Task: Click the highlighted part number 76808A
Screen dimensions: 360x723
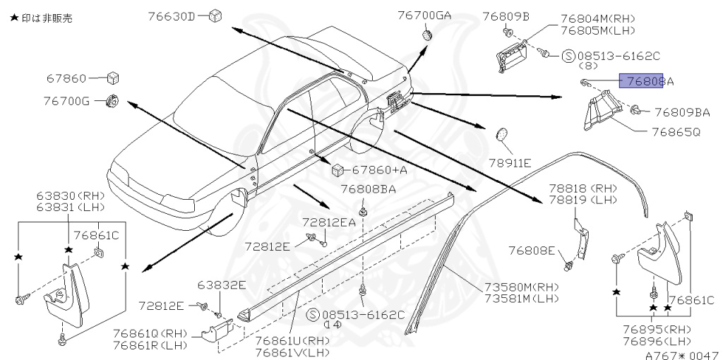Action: click(x=646, y=81)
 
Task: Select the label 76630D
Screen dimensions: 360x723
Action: click(x=172, y=15)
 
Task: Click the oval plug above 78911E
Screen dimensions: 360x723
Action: click(x=503, y=134)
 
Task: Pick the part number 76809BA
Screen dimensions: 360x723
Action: click(x=681, y=112)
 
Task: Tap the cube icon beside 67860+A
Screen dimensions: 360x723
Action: click(x=337, y=169)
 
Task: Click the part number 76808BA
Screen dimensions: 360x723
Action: click(x=368, y=189)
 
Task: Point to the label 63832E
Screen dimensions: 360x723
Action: click(x=222, y=285)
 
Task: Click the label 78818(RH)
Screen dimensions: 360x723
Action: click(x=582, y=188)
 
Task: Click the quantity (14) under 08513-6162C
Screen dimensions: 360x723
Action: click(x=331, y=325)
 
